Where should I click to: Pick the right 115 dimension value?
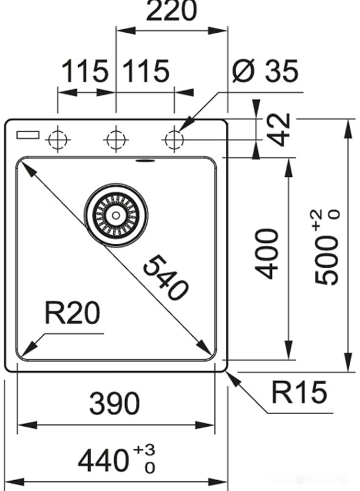[x=146, y=72]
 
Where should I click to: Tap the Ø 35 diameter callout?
[x=266, y=72]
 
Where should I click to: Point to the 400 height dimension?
[x=267, y=253]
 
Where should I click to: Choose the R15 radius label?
[x=299, y=393]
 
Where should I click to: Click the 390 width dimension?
[x=115, y=404]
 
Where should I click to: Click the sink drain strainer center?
[x=115, y=215]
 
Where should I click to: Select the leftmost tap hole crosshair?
[x=57, y=140]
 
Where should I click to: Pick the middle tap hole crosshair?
[x=115, y=140]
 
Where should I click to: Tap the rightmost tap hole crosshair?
[x=174, y=140]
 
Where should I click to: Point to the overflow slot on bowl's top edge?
[x=144, y=161]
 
